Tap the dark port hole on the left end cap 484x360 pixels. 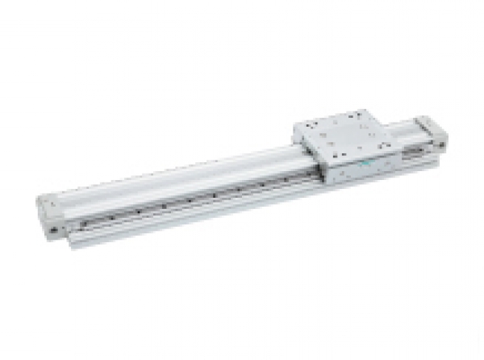coord(53,229)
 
